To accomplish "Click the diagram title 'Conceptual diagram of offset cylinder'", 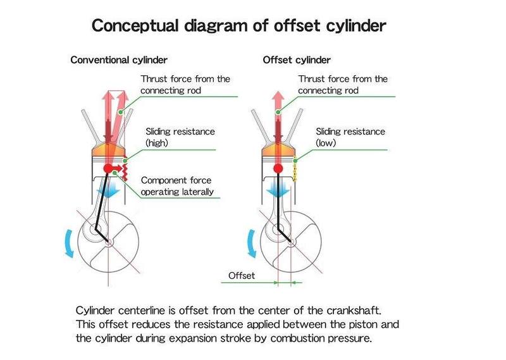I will pyautogui.click(x=240, y=26).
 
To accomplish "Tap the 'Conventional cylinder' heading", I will pyautogui.click(x=119, y=60).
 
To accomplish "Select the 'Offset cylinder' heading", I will pyautogui.click(x=297, y=60).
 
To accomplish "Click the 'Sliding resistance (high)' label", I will pyautogui.click(x=180, y=137).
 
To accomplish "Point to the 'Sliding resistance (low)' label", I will pyautogui.click(x=350, y=137).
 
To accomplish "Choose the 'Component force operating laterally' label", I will pyautogui.click(x=177, y=186).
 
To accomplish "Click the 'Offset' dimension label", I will pyautogui.click(x=241, y=276).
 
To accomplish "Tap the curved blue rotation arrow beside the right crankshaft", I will pyautogui.click(x=250, y=244).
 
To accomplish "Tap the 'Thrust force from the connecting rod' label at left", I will pyautogui.click(x=185, y=85).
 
